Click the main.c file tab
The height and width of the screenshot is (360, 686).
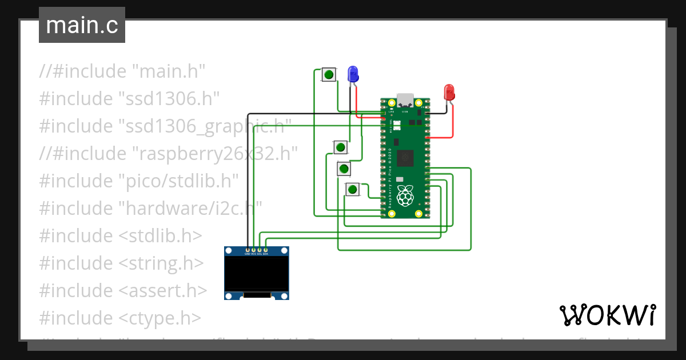tap(82, 26)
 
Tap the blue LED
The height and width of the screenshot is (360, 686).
tap(353, 73)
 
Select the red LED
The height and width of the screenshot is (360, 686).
tap(449, 91)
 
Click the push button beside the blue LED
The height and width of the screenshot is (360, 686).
tap(329, 74)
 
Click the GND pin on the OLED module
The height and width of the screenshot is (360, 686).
tap(248, 250)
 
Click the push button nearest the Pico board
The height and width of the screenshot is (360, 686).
tap(353, 189)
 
